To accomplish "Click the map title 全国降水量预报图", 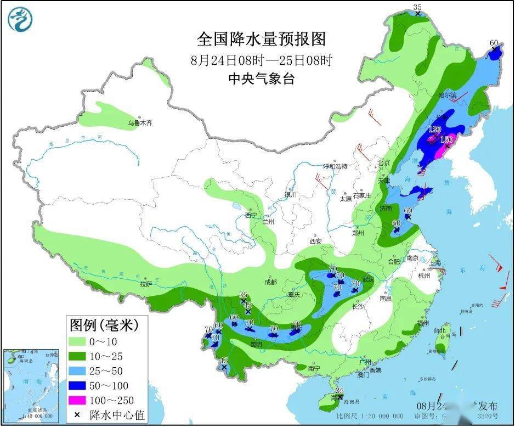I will (261, 39).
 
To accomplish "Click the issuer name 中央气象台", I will (261, 79).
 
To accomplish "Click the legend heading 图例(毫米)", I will (103, 325).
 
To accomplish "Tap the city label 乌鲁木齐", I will (140, 123).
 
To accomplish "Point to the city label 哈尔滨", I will (447, 95).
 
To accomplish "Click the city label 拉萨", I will (145, 284).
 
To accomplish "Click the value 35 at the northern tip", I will (417, 7).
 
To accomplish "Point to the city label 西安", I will (315, 241).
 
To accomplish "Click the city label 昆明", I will (256, 344).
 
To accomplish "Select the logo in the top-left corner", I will (20, 19).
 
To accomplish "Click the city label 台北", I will (440, 332).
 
